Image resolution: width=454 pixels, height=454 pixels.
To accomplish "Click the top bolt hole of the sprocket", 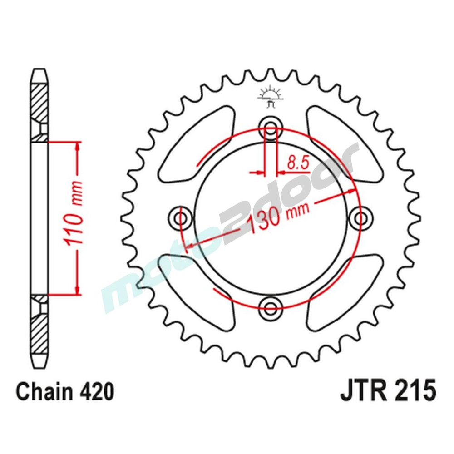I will (x=271, y=127).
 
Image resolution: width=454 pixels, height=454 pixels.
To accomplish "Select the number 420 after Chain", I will (x=96, y=392).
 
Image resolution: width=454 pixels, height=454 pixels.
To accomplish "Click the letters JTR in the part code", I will (x=363, y=392).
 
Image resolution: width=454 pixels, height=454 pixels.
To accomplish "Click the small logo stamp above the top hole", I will (x=271, y=96).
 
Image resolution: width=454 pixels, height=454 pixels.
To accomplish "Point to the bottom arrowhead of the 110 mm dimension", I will (x=78, y=289).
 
